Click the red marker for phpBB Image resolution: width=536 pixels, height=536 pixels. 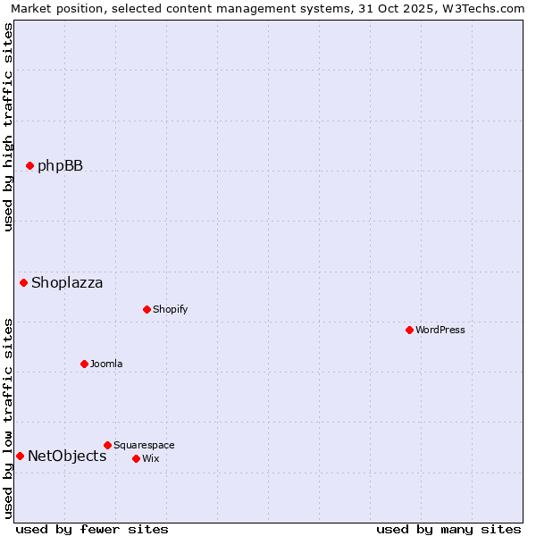(29, 165)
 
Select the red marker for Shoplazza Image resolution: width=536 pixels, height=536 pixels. (24, 283)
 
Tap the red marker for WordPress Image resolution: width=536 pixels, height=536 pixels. (410, 330)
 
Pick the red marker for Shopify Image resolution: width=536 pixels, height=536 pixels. (147, 309)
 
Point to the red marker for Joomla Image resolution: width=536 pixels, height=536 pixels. (85, 364)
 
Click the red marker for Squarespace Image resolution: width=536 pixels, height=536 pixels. (108, 445)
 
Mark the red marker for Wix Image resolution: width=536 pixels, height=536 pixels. (137, 458)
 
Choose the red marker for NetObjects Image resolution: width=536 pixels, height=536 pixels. (20, 456)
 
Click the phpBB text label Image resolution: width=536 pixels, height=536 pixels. (60, 165)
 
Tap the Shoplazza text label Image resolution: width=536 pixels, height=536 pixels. (67, 283)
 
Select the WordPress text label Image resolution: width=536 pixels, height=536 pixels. (440, 330)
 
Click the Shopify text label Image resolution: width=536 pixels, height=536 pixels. (170, 309)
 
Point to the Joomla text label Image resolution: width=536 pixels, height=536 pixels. (106, 364)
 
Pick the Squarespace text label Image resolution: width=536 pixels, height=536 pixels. (144, 445)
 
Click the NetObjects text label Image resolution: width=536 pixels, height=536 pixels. (67, 456)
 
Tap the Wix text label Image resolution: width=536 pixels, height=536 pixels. (150, 458)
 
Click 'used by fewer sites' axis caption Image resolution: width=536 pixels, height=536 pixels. (92, 529)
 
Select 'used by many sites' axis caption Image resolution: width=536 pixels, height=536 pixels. (448, 529)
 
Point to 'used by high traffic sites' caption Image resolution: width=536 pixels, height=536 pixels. (8, 127)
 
